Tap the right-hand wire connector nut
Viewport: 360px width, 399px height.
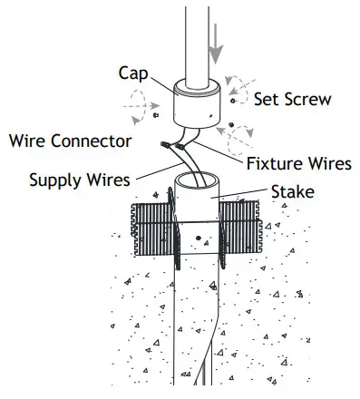tap(180, 145)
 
